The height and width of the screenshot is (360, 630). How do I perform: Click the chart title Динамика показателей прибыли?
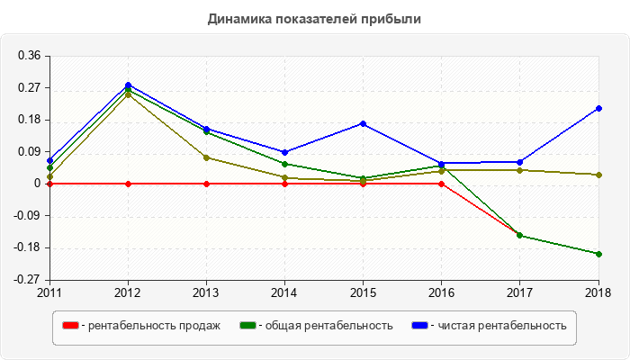(314, 18)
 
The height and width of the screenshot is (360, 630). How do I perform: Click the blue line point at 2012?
(128, 85)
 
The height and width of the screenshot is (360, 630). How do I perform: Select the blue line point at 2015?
(364, 123)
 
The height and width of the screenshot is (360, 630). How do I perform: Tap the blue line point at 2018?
(599, 108)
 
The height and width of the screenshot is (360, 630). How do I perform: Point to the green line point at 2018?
(599, 254)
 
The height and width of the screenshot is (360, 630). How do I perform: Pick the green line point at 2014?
(285, 164)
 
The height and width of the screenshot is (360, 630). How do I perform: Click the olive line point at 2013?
(207, 157)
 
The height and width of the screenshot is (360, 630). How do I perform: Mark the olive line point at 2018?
(599, 175)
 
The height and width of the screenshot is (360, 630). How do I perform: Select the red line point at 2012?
(128, 184)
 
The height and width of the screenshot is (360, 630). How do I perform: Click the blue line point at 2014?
(285, 152)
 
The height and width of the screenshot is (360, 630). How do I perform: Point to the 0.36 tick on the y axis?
(29, 56)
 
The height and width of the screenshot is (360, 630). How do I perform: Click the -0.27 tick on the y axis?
(27, 280)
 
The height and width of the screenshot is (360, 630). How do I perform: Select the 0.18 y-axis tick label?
(29, 120)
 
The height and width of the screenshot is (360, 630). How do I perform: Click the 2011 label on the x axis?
(49, 292)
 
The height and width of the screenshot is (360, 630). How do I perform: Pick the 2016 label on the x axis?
(442, 292)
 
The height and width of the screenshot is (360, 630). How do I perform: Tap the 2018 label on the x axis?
(599, 292)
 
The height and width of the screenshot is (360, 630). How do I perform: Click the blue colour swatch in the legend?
(419, 326)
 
